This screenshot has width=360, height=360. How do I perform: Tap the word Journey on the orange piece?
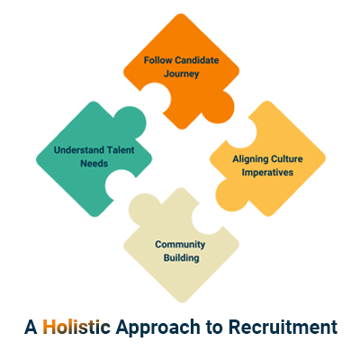coord(182,74)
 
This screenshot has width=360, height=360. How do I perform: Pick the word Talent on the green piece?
coord(121,149)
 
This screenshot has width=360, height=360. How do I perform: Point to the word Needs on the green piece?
coord(94,164)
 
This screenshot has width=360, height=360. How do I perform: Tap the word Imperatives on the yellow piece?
coord(267,173)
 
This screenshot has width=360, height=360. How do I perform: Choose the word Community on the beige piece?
coord(180,245)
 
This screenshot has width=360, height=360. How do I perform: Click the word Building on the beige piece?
coord(182,258)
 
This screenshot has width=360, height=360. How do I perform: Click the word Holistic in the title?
coord(76,327)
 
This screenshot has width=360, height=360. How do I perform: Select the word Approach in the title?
coord(158,328)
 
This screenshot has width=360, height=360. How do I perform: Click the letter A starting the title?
coord(31,327)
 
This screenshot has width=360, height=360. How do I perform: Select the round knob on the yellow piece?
coord(230,194)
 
